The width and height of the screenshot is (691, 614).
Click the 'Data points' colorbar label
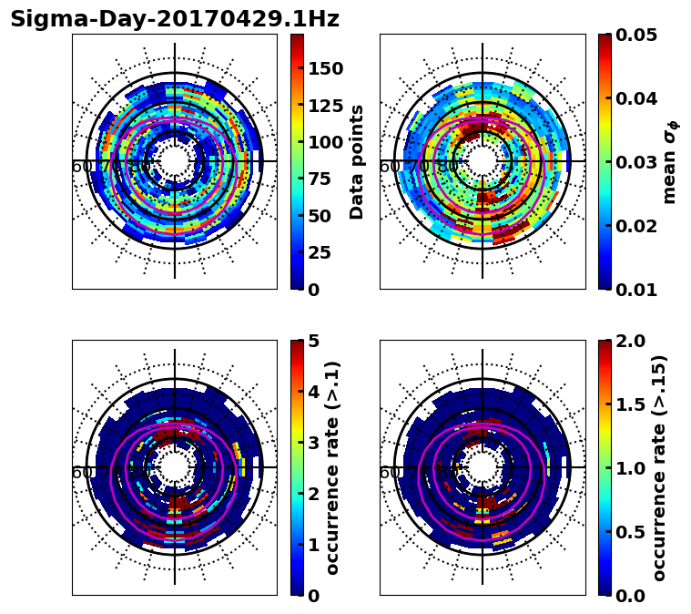[357, 161]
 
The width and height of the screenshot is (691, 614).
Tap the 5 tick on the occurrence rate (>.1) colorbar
[312, 341]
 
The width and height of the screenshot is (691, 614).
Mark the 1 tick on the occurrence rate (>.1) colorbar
[312, 545]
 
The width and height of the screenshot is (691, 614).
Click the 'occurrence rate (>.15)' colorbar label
[659, 467]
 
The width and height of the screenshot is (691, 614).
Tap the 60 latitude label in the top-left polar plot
[81, 167]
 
